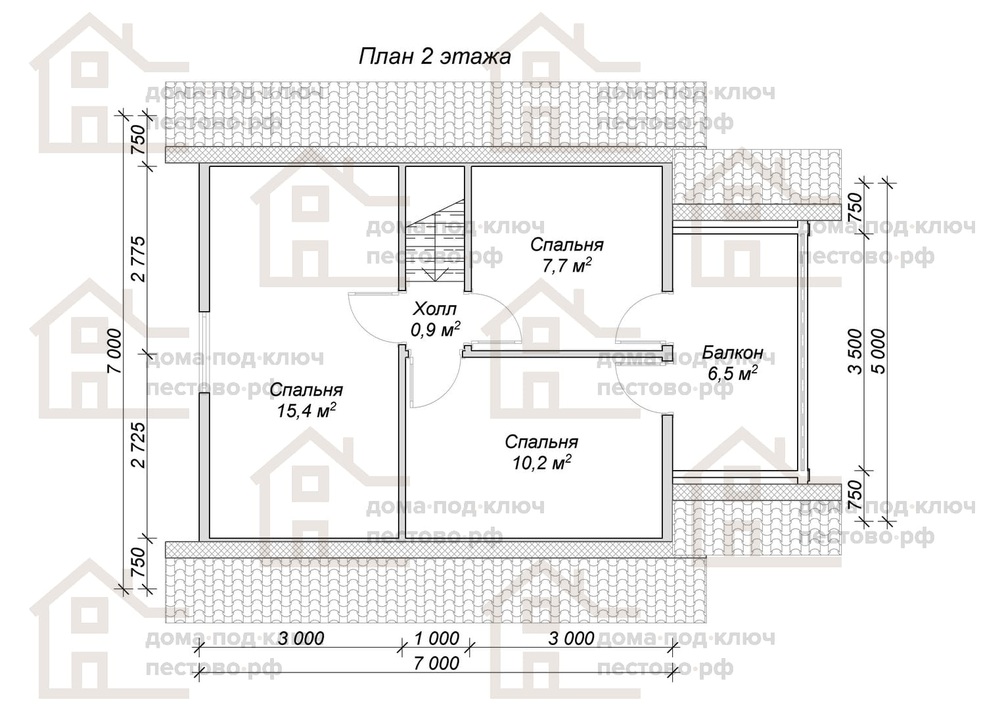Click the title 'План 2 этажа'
point(434,57)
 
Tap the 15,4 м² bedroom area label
point(307,411)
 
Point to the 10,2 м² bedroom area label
point(541,463)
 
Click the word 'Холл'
point(435,309)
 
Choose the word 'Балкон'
point(733,352)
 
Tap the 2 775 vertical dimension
point(139,259)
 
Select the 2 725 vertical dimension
point(139,445)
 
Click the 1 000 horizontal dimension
point(436,638)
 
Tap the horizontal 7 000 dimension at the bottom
point(436,663)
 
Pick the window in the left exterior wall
point(204,352)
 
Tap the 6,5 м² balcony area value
point(733,373)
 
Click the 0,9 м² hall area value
point(435,329)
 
